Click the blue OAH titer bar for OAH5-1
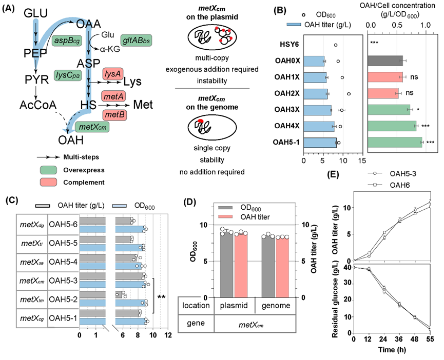coord(320,143)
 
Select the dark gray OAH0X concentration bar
coord(385,61)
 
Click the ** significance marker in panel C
coord(161,296)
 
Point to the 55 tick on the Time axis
coord(430,339)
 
